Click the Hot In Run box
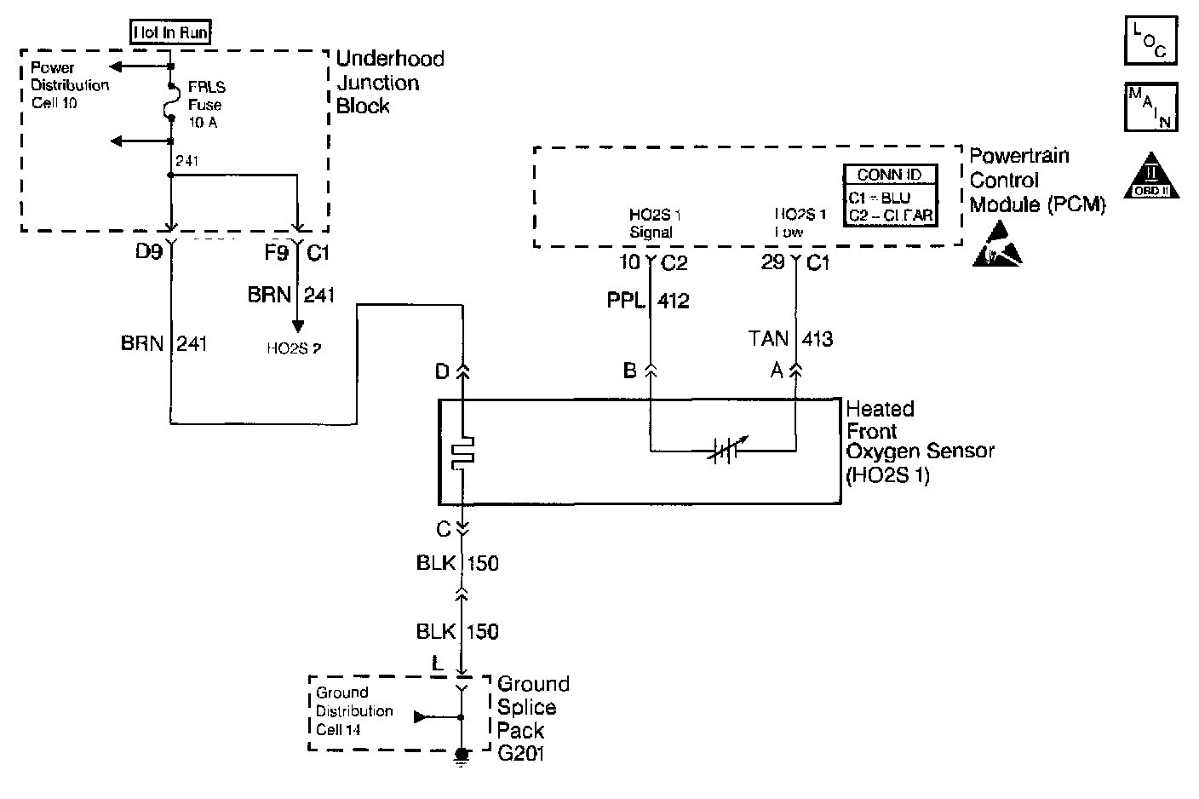[170, 33]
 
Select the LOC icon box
[1150, 39]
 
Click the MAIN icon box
[1150, 106]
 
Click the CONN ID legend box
[890, 195]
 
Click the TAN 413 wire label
[790, 339]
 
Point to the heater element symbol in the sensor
[462, 452]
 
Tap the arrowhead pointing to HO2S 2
[297, 325]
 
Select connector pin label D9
[149, 253]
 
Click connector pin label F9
[276, 253]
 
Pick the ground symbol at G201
[462, 756]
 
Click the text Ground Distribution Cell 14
[354, 711]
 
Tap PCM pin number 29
[772, 262]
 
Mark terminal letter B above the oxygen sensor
[630, 371]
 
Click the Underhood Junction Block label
[390, 82]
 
